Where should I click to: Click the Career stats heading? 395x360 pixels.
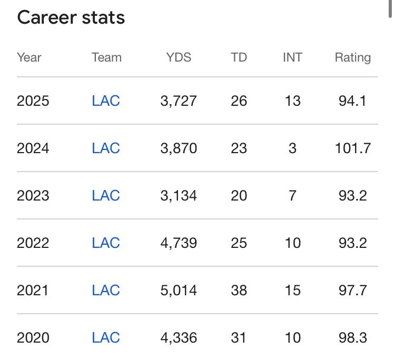coord(71,17)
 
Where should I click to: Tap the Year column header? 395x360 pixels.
coord(29,57)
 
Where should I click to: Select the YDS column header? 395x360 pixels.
coord(179,57)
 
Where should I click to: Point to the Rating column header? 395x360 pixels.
coord(352,57)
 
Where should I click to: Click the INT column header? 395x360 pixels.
coord(292,57)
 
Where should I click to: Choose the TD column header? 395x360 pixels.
coord(239,57)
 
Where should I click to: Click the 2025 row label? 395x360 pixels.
coord(33,101)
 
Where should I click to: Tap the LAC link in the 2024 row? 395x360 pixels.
coord(106,148)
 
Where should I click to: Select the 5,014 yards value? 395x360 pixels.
coord(179,290)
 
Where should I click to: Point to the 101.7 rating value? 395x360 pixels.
coord(352,148)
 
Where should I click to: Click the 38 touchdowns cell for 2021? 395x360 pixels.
coord(239,290)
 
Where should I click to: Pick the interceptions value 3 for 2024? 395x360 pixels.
coord(292,148)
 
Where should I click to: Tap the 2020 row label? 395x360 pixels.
coord(33,337)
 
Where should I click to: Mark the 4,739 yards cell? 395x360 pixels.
coord(179,243)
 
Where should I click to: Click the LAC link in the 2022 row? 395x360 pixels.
coord(106,243)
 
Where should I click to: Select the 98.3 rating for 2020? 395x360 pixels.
coord(352,337)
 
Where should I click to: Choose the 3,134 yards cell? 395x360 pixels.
coord(179,195)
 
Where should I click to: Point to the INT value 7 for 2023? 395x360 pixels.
coord(292,195)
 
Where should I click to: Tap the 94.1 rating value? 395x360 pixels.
coord(352,101)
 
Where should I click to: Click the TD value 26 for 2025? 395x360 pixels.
coord(239,101)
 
